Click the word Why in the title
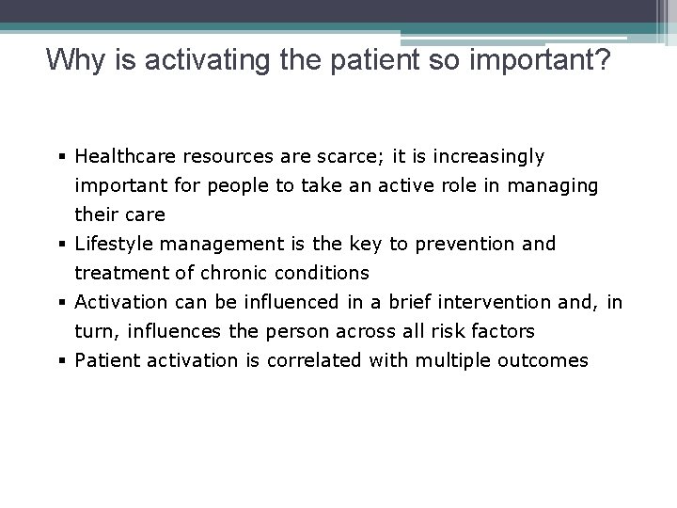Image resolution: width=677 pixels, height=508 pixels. [69, 61]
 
